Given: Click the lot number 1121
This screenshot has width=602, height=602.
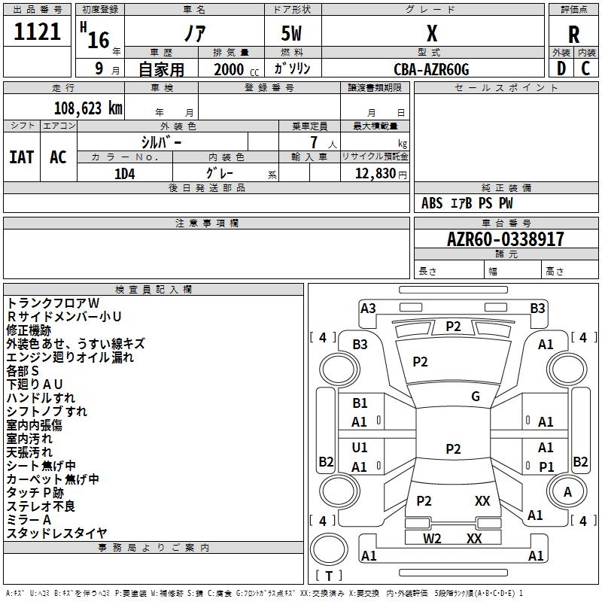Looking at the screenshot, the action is point(37,32).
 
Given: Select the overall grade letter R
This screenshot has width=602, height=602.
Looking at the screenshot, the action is point(573,35).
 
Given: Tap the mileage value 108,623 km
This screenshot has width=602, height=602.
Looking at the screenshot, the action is point(88,108).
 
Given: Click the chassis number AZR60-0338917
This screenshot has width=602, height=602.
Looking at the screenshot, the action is point(506,239).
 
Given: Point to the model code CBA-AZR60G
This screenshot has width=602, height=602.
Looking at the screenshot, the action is point(431,69).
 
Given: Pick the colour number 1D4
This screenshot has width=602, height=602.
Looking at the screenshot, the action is point(125,174).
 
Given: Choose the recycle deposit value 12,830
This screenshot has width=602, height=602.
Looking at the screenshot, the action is point(375,174).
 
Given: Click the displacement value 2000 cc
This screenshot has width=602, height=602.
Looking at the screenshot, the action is point(236,69).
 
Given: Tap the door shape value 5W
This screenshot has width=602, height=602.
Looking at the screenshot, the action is point(291,33).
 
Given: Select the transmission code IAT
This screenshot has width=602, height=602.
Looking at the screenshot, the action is point(22,157).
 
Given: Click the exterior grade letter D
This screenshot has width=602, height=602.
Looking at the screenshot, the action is point(561,68).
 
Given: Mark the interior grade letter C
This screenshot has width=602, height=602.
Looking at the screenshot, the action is point(585,68).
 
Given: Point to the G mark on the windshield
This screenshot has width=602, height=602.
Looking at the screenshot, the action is point(476,396).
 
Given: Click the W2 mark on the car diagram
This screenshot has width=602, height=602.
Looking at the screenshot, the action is point(432,538).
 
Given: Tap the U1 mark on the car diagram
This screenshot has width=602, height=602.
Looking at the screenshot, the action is point(360,447).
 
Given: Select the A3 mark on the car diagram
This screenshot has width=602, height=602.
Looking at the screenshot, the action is point(368,309).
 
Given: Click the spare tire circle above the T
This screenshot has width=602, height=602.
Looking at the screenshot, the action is point(329,549).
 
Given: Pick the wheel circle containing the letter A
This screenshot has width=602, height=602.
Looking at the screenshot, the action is point(567,491).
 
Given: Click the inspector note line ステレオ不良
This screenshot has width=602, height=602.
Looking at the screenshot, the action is point(41,506).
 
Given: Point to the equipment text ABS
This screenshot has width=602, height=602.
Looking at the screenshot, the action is point(432,203).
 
